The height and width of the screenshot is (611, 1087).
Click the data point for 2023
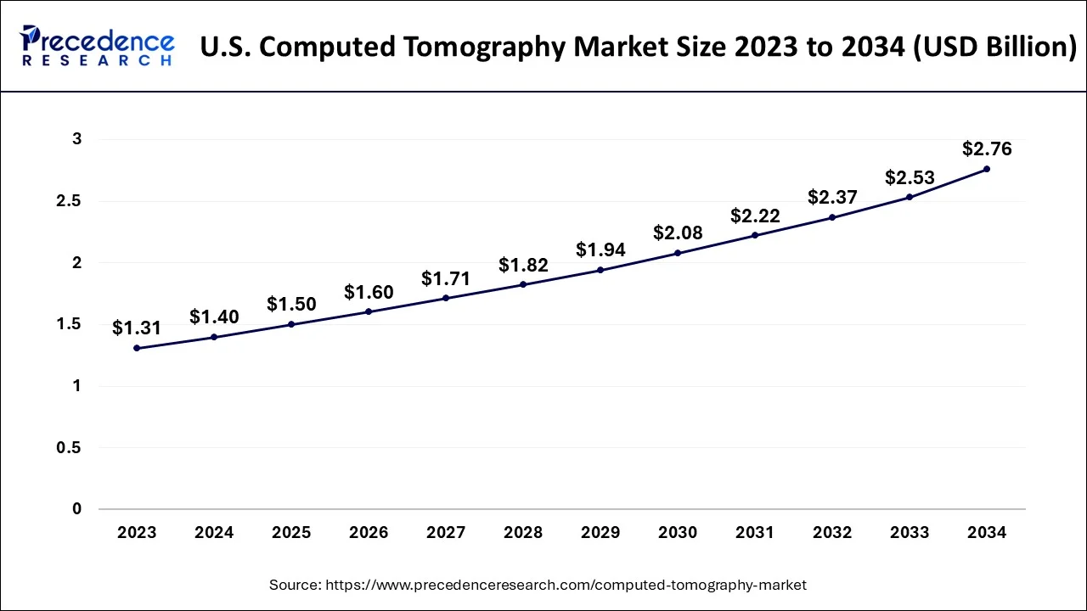point(137,348)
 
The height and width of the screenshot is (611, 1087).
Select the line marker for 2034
point(987,169)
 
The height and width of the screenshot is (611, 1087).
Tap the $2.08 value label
point(678,233)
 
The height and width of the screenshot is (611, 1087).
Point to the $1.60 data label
point(369,292)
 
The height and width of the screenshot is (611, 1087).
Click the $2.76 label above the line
point(987,149)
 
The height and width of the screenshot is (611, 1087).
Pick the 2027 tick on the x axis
point(446,533)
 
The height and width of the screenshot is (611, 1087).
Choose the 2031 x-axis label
point(755,533)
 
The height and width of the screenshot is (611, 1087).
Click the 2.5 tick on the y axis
point(70,201)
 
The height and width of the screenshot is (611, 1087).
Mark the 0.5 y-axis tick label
point(70,447)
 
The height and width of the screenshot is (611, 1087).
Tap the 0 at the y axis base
point(77,509)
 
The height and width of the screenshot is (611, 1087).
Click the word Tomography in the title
point(482,47)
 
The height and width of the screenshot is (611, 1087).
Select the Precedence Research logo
point(97,46)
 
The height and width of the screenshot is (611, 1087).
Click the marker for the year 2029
point(600,270)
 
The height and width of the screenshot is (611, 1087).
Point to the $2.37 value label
point(832,197)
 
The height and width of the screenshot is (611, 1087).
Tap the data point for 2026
point(369,311)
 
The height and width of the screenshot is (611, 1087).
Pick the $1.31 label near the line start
point(137,328)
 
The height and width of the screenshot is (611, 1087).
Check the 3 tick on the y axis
point(77,139)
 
